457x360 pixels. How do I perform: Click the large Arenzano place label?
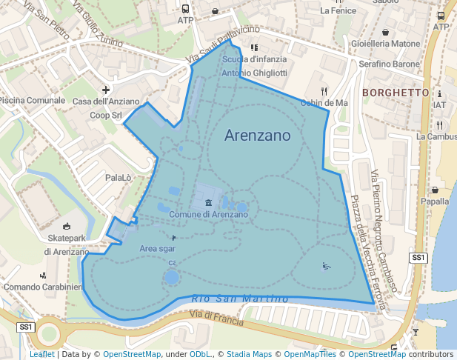[257, 136]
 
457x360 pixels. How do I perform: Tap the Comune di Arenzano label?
[208, 214]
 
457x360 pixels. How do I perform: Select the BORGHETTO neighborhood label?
[396, 93]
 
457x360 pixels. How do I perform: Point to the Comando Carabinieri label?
[42, 287]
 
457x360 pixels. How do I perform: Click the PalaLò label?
[118, 178]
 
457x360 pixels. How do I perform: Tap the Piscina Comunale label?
[33, 100]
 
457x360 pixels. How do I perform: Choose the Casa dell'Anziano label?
[107, 101]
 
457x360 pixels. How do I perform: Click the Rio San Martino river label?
[239, 298]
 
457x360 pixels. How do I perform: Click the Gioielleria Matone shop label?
[385, 44]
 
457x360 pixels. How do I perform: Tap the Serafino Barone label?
[389, 64]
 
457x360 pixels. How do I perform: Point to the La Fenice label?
[338, 11]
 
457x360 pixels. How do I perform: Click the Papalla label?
[435, 201]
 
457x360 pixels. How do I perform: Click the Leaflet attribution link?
[41, 355]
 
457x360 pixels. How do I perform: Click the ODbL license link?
[200, 355]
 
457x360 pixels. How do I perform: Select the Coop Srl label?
[106, 116]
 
